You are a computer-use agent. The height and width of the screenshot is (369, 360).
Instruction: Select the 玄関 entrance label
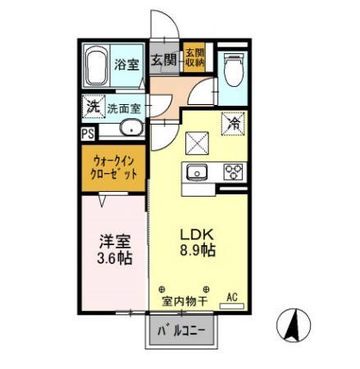tap(165, 59)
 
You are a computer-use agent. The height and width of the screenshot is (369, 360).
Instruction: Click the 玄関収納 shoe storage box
tap(194, 58)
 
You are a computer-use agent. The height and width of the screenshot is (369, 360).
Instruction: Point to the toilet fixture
tap(234, 66)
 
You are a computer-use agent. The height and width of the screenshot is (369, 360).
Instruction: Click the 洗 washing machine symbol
tap(93, 107)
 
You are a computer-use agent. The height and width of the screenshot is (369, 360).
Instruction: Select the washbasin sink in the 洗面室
tap(128, 128)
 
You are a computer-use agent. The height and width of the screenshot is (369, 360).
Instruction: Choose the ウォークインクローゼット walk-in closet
tap(114, 167)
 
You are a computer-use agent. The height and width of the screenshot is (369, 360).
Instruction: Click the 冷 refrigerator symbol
tap(234, 125)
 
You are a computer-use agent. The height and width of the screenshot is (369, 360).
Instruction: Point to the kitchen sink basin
tap(198, 173)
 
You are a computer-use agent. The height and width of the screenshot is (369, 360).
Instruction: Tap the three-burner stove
tap(233, 172)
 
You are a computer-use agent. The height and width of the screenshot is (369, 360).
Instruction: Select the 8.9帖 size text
tap(198, 251)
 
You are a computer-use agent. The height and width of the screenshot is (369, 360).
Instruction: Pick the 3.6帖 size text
tap(114, 259)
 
